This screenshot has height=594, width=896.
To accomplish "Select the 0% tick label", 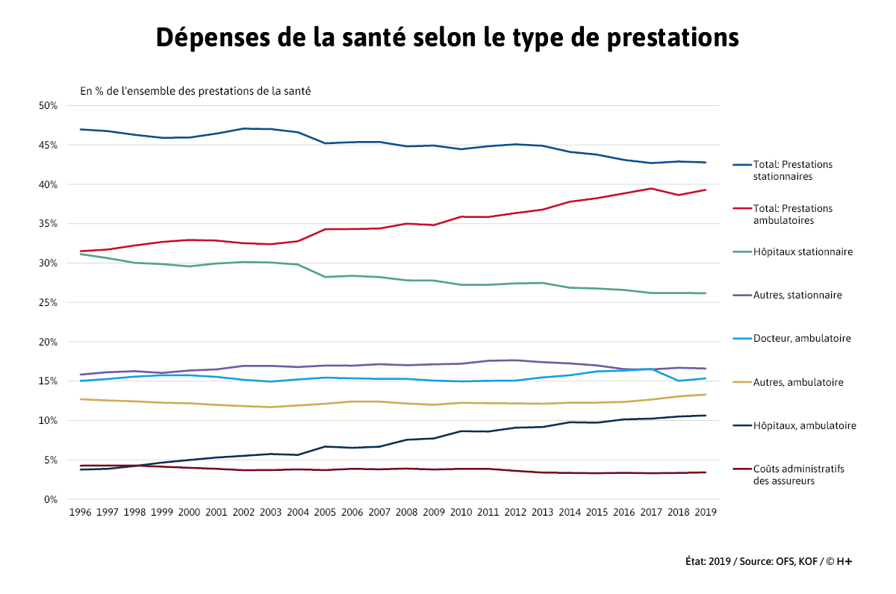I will pyautogui.click(x=51, y=499).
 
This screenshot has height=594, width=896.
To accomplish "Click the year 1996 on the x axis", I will pyautogui.click(x=80, y=513).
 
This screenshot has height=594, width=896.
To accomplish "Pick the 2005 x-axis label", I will pyautogui.click(x=325, y=513).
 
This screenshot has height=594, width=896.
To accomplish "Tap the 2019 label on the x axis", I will pyautogui.click(x=706, y=513).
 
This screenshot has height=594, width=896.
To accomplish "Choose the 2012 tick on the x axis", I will pyautogui.click(x=515, y=513).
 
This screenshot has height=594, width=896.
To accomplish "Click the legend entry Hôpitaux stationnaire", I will pyautogui.click(x=803, y=252).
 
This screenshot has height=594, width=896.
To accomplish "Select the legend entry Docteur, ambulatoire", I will pyautogui.click(x=802, y=339).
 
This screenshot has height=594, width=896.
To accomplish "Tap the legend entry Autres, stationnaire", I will pyautogui.click(x=797, y=296).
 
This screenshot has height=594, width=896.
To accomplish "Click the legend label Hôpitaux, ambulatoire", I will pyautogui.click(x=804, y=426).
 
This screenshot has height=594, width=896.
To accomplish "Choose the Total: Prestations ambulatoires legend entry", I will pyautogui.click(x=792, y=214).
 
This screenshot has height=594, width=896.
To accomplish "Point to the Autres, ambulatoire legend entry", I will pyautogui.click(x=798, y=383).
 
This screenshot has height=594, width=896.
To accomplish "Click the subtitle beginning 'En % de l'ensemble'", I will pyautogui.click(x=196, y=91).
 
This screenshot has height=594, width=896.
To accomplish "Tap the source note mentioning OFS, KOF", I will pyautogui.click(x=768, y=561).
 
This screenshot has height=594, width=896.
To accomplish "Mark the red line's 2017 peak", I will pyautogui.click(x=651, y=189).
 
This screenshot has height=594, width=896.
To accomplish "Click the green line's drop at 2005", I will pyautogui.click(x=325, y=277).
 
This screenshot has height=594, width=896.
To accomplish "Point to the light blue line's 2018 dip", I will pyautogui.click(x=679, y=381).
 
